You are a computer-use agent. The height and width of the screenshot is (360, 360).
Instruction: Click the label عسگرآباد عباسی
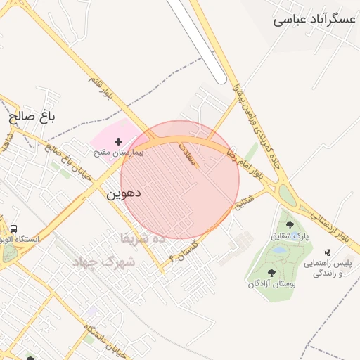click(314, 20)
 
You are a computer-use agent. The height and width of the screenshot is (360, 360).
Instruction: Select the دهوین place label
click(124, 192)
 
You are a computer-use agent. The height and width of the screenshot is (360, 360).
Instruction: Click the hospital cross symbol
click(118, 142)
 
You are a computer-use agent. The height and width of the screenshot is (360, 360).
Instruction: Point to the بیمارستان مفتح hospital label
click(119, 152)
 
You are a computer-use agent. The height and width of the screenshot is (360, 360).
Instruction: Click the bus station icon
click(13, 229)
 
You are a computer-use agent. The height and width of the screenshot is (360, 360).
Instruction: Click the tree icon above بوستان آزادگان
click(272, 274)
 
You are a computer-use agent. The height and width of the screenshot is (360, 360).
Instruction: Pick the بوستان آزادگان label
click(272, 284)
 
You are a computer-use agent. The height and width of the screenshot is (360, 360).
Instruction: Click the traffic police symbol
click(327, 252)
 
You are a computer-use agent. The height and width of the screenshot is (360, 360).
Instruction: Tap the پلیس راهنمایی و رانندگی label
click(327, 267)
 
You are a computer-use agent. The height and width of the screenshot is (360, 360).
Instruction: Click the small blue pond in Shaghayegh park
click(280, 250)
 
